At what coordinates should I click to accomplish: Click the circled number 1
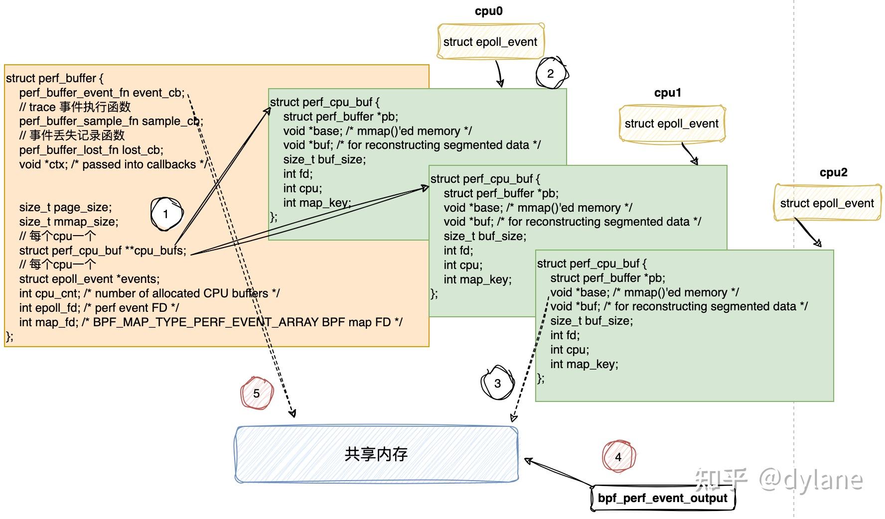point(166,215)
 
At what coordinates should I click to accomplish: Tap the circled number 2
point(551,74)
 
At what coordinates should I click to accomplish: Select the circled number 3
point(497,383)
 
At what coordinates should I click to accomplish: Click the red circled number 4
point(618,457)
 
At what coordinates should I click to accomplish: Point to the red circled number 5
point(256,393)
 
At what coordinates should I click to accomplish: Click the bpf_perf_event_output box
point(662,498)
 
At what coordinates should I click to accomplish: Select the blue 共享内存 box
point(376,454)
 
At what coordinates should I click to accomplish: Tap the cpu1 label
point(667,93)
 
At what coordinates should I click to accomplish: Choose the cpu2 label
point(833,172)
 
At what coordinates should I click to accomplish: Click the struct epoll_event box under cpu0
point(490,42)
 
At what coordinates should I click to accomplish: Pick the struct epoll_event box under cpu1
point(671,124)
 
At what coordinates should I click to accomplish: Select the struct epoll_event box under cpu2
point(827,203)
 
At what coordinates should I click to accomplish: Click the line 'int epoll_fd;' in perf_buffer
point(99,308)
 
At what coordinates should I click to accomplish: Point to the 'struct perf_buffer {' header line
point(55,78)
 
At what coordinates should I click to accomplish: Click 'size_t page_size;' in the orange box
point(65,207)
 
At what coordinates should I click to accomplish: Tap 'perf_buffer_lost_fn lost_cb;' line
point(91,150)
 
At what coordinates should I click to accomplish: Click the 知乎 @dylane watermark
point(778,479)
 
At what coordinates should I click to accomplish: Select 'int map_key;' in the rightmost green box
point(584,364)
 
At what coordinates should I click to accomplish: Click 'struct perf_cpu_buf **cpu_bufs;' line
point(102,251)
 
